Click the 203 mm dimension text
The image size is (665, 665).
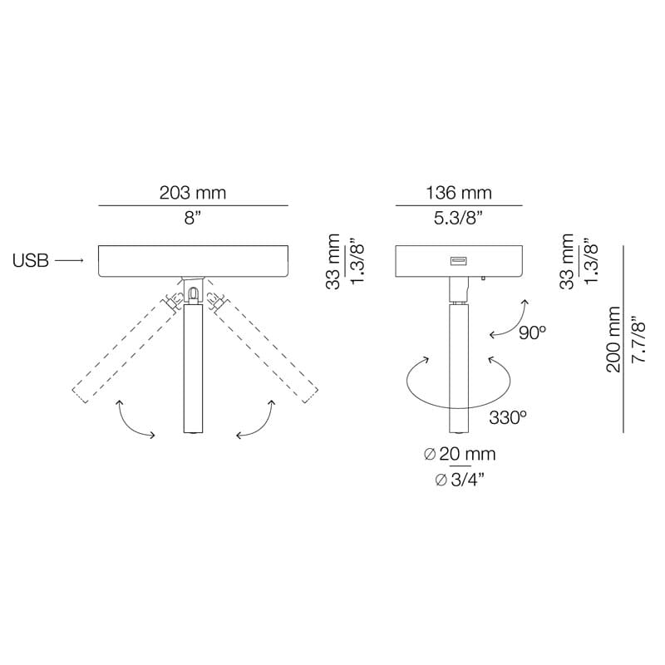click(193, 193)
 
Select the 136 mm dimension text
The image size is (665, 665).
click(458, 193)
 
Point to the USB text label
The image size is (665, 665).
click(31, 261)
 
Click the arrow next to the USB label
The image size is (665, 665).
click(71, 261)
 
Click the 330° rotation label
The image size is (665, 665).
click(508, 417)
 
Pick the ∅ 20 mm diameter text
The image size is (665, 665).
click(460, 454)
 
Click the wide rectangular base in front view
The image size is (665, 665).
click(193, 261)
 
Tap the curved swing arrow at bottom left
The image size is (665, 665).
click(133, 419)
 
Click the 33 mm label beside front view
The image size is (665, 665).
click(333, 261)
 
